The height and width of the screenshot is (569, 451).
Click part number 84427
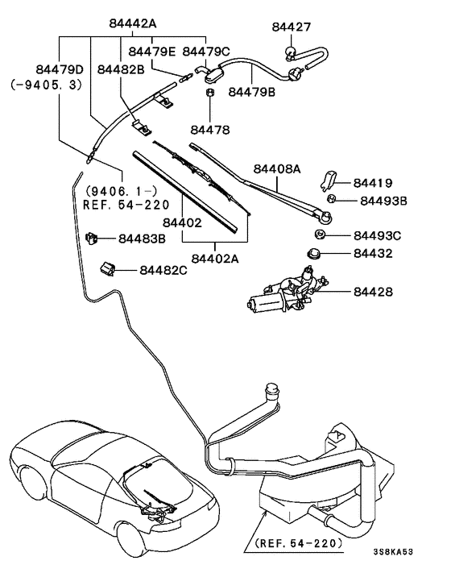coord(291,27)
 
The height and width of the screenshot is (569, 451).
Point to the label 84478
coord(210,129)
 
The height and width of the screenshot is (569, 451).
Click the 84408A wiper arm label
coord(276,169)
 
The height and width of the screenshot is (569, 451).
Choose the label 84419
coord(375,183)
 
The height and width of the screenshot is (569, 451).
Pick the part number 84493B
coord(383,201)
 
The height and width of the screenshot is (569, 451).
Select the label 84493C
coord(377,235)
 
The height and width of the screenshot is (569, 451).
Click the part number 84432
coord(373,253)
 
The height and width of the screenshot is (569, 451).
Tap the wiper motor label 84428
coord(373,291)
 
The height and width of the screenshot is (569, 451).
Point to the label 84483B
coord(142,239)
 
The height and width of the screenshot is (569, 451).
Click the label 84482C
coord(163,270)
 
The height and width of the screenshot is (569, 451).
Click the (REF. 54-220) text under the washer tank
coord(296,543)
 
